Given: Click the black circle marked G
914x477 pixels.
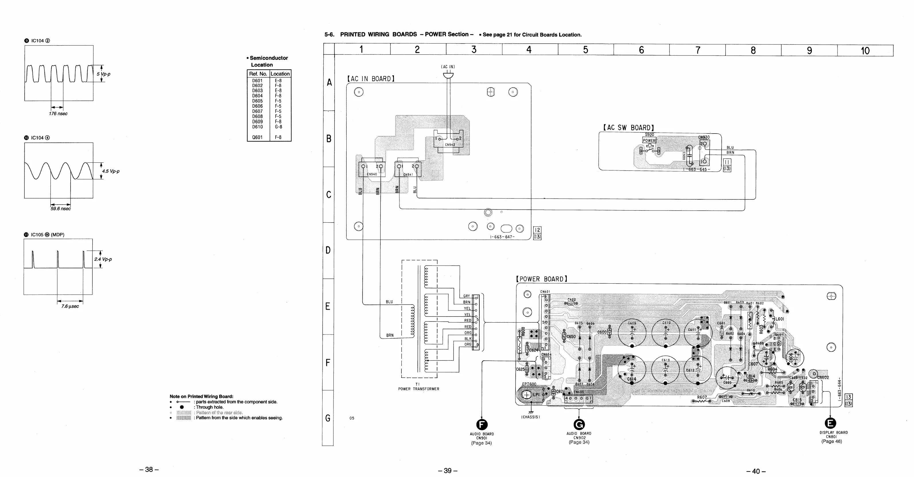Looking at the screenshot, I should click(x=579, y=424).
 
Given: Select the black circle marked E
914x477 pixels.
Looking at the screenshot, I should click(x=831, y=423).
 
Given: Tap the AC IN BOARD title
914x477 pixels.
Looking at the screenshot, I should click(x=371, y=79).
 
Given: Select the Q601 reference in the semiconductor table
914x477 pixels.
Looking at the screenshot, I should click(x=257, y=137).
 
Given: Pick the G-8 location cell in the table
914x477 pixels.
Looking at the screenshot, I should click(x=278, y=127).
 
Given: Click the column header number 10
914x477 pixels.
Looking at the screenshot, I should click(x=865, y=51).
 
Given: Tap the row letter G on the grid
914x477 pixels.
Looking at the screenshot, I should click(x=328, y=418).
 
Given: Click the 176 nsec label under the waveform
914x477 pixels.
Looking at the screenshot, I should click(x=58, y=113).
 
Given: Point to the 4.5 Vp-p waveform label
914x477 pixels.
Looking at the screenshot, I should click(x=111, y=171).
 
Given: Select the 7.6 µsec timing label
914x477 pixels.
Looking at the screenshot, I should click(x=70, y=306).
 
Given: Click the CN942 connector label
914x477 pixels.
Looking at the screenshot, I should click(x=450, y=145).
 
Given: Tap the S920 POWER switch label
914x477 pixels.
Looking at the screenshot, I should click(x=649, y=138).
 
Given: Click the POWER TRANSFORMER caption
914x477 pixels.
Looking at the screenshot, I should click(x=419, y=389).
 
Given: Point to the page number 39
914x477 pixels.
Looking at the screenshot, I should click(x=448, y=471).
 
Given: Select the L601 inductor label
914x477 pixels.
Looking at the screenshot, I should click(x=780, y=319).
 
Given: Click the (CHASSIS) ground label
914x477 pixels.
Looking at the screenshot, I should click(x=530, y=417).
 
